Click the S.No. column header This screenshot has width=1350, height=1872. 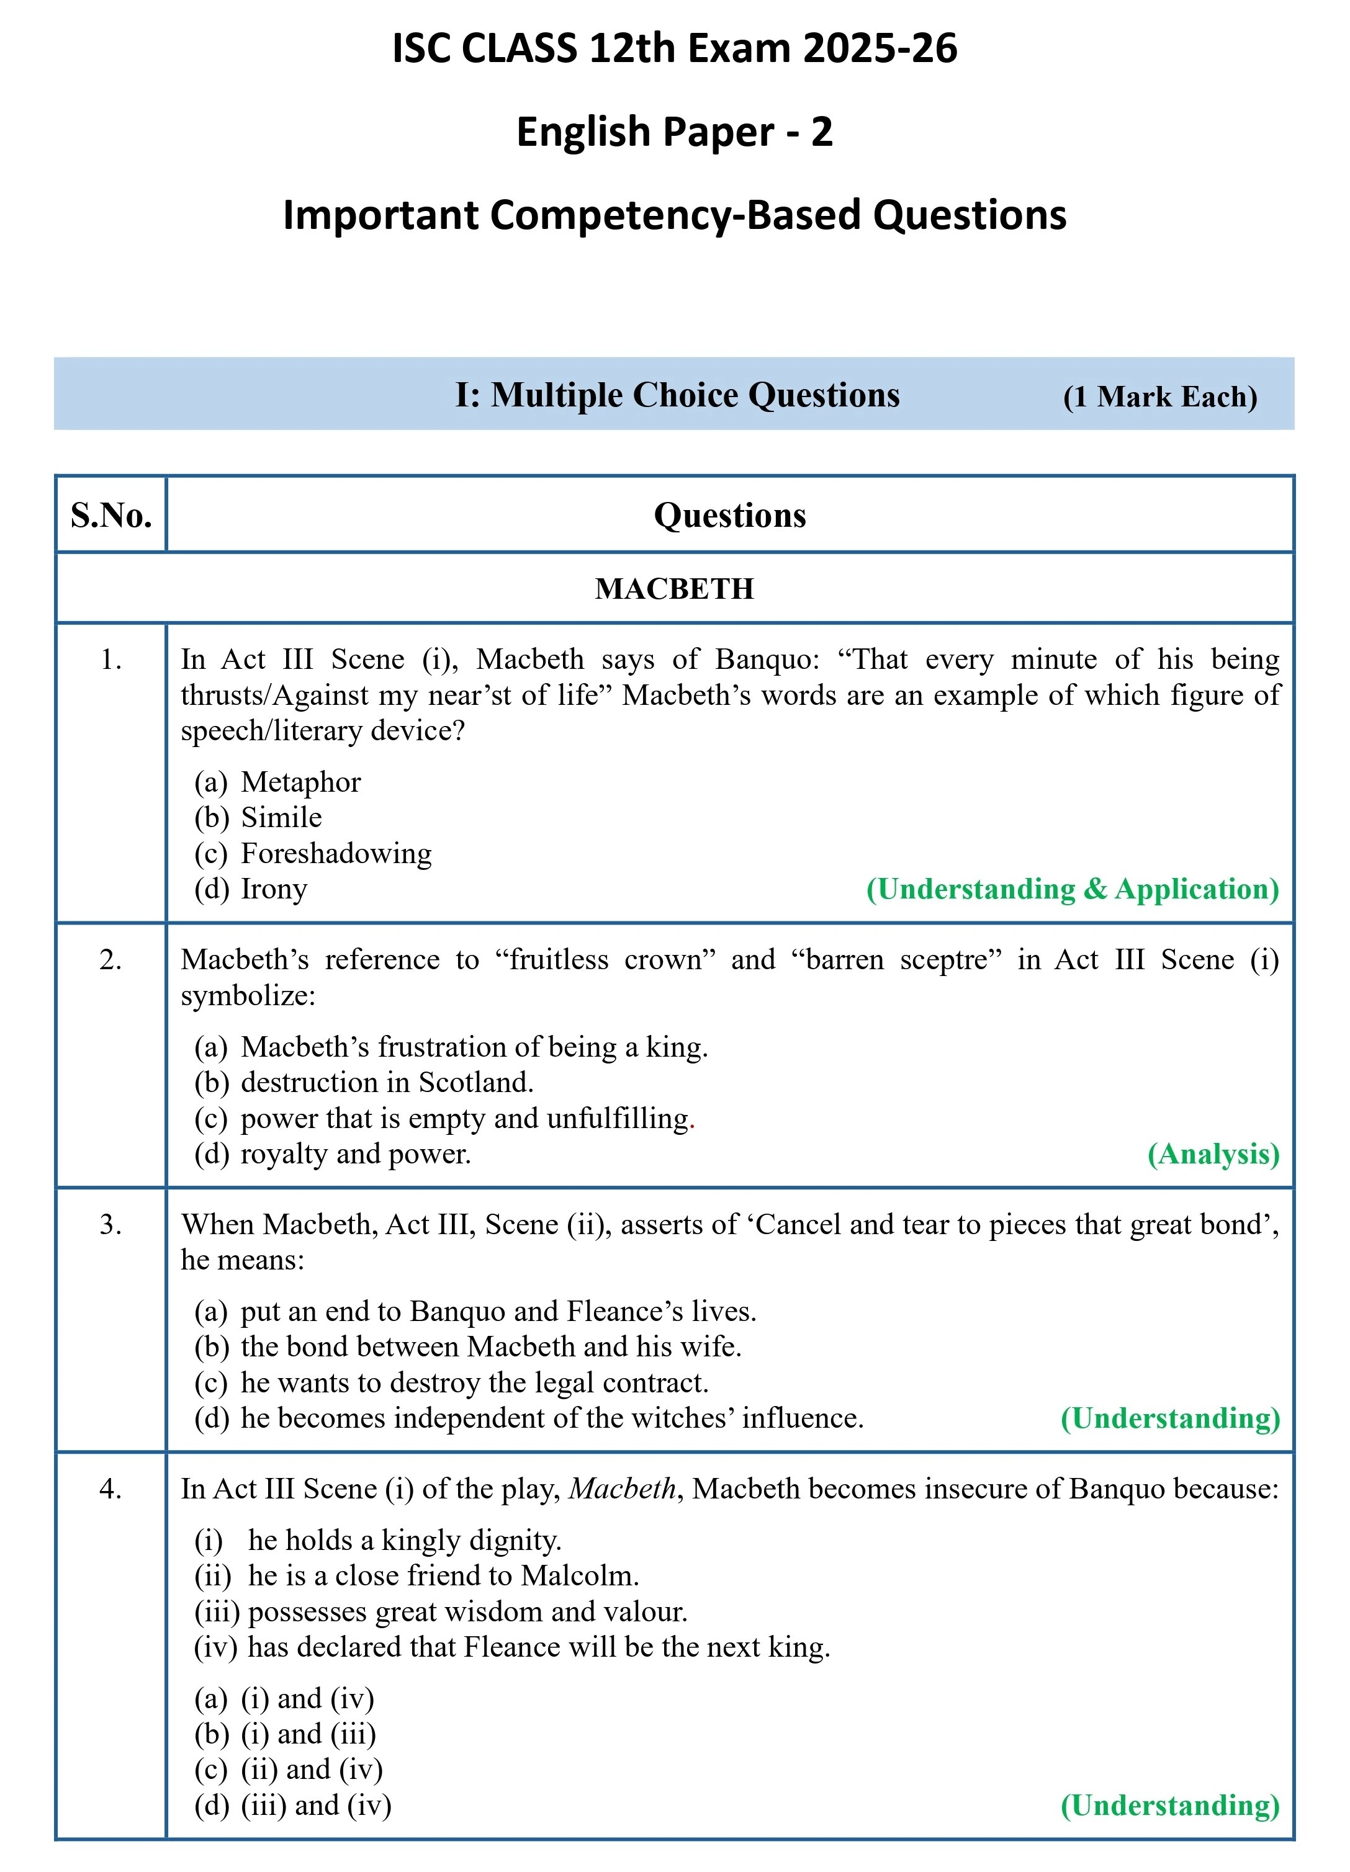coord(110,515)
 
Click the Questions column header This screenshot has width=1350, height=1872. coord(729,515)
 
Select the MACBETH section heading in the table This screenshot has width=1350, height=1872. coord(674,588)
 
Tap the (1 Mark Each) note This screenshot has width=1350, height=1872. coord(1159,397)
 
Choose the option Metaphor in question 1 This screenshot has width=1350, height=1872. coord(300,782)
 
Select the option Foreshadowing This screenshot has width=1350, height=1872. coord(336,853)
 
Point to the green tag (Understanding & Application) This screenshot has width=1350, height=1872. coord(1072,889)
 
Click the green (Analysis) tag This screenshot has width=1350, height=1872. coord(1213,1154)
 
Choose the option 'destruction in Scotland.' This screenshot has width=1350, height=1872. coord(387,1082)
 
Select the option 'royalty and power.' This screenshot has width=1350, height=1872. coord(355,1154)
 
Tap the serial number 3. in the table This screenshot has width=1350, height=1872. coord(110,1224)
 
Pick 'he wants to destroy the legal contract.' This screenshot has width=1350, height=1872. coord(474,1382)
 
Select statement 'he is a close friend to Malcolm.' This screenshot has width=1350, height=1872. coord(443,1575)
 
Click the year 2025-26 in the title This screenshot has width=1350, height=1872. coord(880,48)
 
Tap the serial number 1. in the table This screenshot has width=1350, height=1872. coord(110,660)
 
